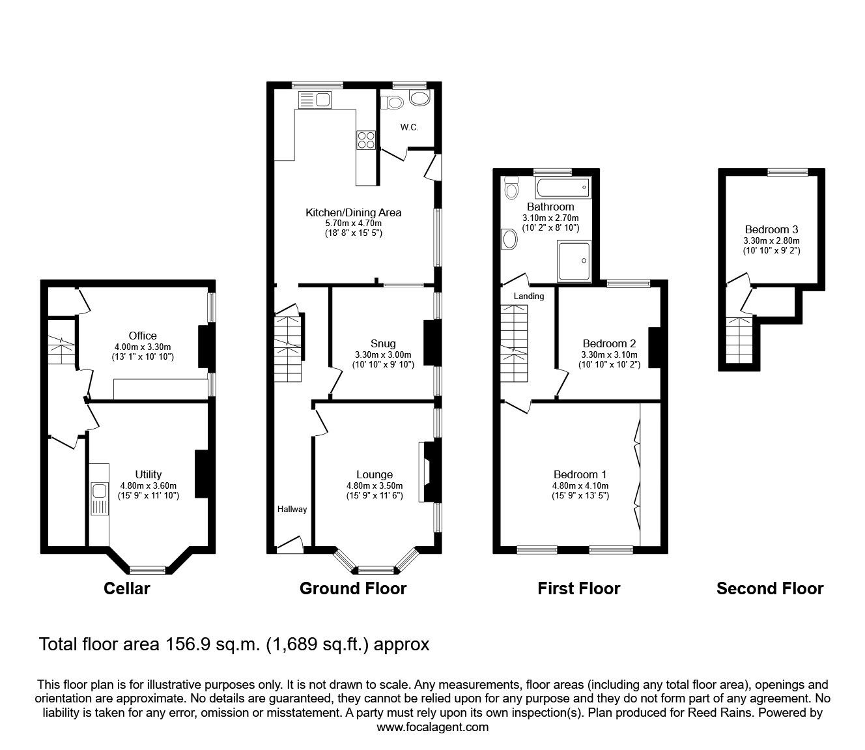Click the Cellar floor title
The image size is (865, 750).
pyautogui.click(x=127, y=589)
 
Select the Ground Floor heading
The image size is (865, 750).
pyautogui.click(x=352, y=589)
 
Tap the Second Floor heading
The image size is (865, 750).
pyautogui.click(x=769, y=589)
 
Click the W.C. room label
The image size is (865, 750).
pyautogui.click(x=409, y=127)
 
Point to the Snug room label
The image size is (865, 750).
pyautogui.click(x=383, y=343)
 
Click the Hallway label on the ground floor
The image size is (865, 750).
pyautogui.click(x=292, y=509)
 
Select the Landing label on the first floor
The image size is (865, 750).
pyautogui.click(x=528, y=296)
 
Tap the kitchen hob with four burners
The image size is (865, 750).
pyautogui.click(x=365, y=141)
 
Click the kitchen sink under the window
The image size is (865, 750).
pyautogui.click(x=315, y=100)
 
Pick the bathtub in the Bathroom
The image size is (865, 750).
pyautogui.click(x=562, y=189)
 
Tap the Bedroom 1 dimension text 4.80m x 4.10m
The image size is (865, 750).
pyautogui.click(x=580, y=485)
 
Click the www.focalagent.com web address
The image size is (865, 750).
pyautogui.click(x=432, y=727)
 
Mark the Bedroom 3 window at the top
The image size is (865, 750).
pyautogui.click(x=787, y=172)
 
